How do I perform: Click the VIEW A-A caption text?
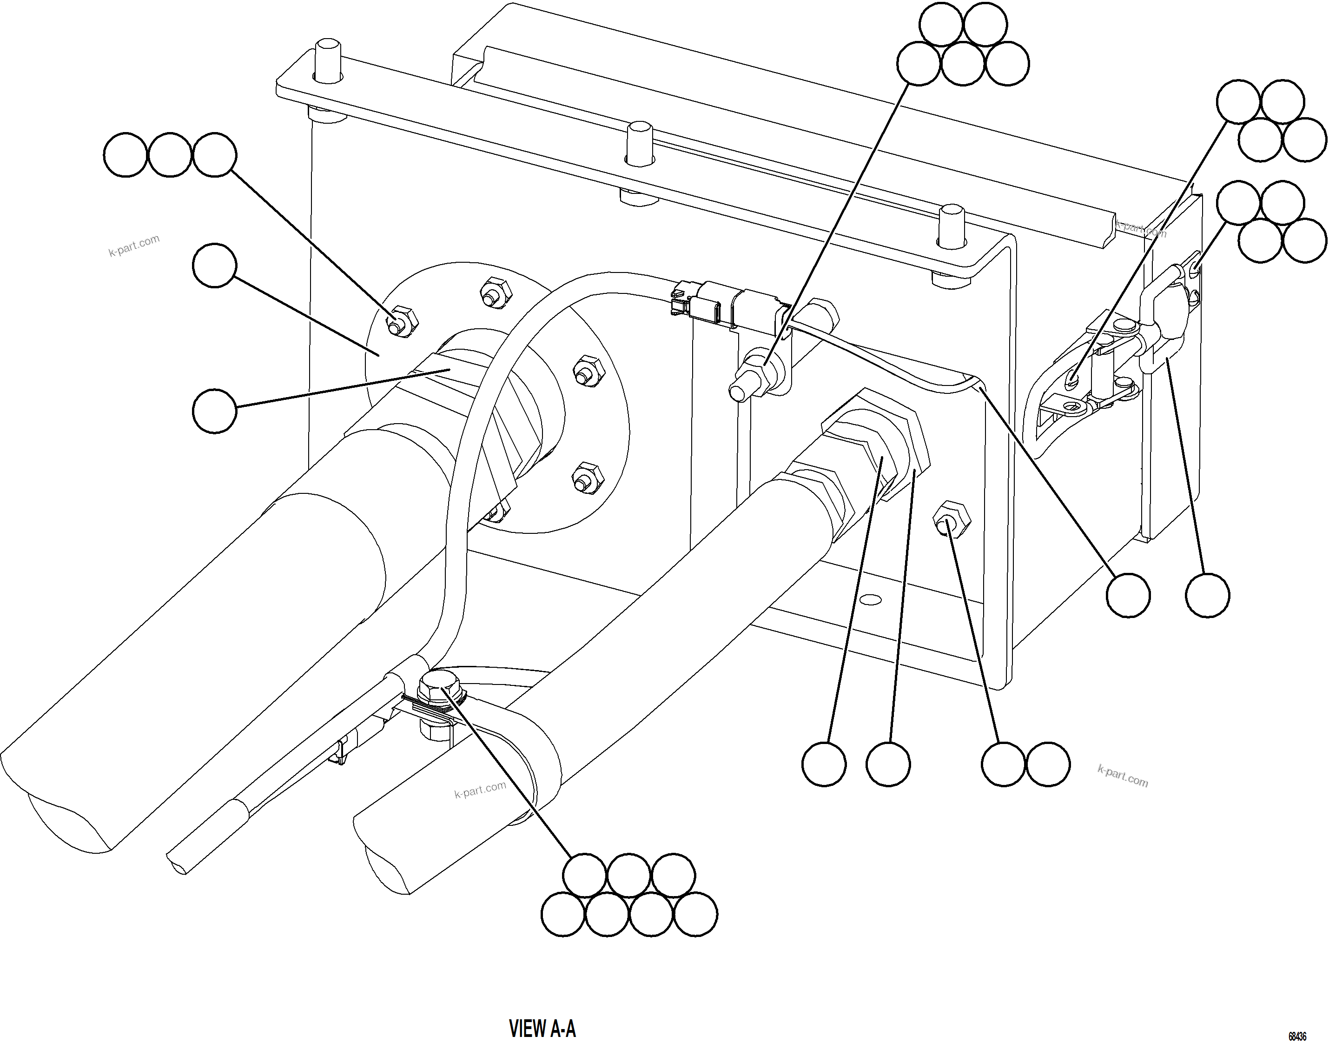[x=542, y=1028]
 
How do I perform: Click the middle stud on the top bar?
[x=639, y=142]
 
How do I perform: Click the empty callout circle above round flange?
[x=214, y=265]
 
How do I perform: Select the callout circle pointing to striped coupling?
[x=214, y=412]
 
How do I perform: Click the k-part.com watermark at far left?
[x=134, y=246]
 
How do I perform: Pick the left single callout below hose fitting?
[x=824, y=764]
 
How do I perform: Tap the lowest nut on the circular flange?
[x=496, y=512]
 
